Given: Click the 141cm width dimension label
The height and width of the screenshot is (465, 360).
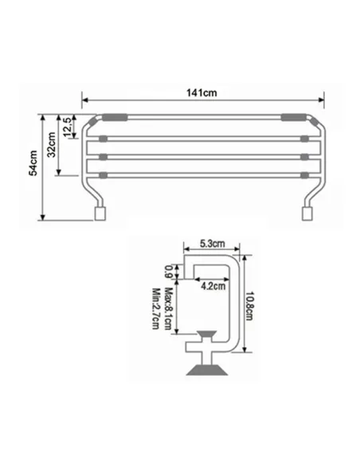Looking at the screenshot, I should (x=203, y=92).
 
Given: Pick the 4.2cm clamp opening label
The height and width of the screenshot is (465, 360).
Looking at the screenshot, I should (x=211, y=284).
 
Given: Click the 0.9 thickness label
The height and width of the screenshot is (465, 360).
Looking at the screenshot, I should (x=168, y=271).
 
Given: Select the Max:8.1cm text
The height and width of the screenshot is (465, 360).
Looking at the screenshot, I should (x=168, y=307).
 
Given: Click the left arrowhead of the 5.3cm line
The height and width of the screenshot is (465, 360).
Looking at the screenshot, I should (x=185, y=248).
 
